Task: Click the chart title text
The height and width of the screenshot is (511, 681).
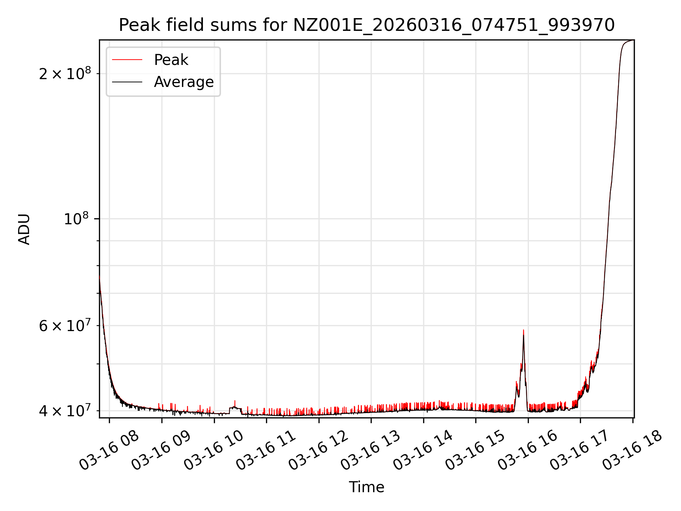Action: coord(366,25)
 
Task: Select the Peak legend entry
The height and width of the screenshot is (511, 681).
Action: coord(171,60)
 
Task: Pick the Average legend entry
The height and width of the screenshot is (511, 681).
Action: coord(184,82)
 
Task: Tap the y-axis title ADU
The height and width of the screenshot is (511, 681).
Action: coord(24,229)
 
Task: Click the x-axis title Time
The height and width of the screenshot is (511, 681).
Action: coord(366,487)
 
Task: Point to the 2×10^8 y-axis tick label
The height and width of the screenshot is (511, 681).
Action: coord(65,73)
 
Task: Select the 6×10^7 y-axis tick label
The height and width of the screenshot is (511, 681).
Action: coord(65,325)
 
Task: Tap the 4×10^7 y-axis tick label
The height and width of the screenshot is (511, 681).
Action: coord(65,411)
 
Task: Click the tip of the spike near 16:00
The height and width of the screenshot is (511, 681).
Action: coord(523,331)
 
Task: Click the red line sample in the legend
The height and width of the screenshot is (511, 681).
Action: coord(127,60)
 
